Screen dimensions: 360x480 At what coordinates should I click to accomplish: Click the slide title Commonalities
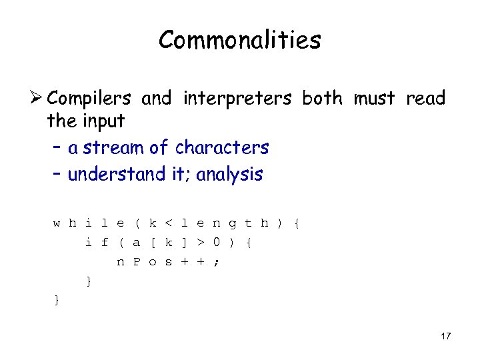coord(239,41)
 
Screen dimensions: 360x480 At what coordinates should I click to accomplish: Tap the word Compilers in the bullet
coord(89,99)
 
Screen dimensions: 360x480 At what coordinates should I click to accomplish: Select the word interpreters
coord(236,99)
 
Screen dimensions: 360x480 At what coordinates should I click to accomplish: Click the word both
coord(322,99)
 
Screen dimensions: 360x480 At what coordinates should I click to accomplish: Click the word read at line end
coord(425,99)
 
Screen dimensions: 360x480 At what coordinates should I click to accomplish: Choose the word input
coord(103,121)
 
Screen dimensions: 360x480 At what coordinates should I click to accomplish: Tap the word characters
coord(221,147)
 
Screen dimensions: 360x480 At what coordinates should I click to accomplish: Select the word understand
coord(116,174)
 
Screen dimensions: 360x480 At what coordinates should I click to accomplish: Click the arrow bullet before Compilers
coord(37,99)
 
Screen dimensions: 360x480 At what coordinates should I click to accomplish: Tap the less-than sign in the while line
coord(168,223)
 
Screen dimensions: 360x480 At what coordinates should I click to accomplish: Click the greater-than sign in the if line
coord(200,243)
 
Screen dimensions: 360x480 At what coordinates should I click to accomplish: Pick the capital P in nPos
coord(136,262)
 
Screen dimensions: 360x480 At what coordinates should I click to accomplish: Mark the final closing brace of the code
coord(56,301)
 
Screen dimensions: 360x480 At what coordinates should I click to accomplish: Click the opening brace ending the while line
coord(297,223)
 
